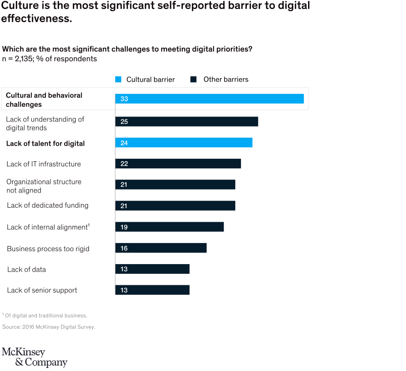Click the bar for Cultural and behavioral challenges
click(209, 99)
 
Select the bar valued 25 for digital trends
click(186, 121)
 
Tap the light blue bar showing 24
click(183, 143)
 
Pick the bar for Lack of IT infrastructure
click(178, 164)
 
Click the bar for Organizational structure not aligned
click(175, 184)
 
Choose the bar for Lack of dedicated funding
click(175, 206)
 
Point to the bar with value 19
click(169, 227)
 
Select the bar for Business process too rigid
click(161, 248)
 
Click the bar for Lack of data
click(152, 269)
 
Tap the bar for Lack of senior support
click(152, 290)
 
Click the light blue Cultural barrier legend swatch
click(119, 79)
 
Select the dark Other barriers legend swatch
click(193, 79)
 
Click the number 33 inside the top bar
click(124, 99)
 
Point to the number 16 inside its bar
click(124, 248)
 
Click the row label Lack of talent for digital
click(45, 144)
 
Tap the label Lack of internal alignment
click(47, 227)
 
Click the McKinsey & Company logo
click(34, 357)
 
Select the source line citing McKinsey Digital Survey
click(48, 327)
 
